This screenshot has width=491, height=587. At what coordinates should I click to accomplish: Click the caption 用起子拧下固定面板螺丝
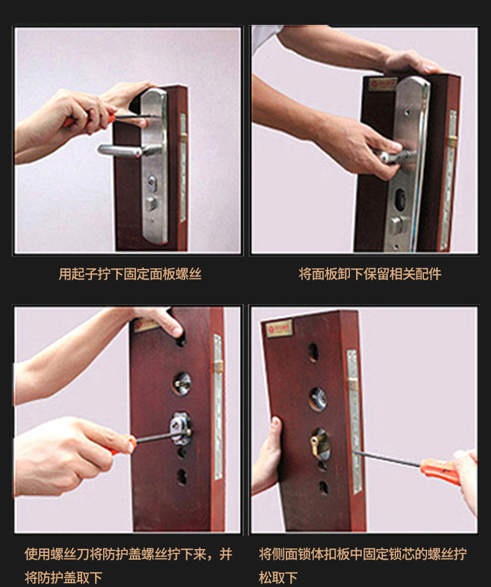tap(130, 274)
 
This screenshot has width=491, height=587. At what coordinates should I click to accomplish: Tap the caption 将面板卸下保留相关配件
tap(370, 274)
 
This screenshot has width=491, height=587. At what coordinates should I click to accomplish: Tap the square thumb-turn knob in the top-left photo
tap(151, 204)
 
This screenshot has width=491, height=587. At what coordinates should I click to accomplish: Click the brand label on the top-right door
tap(382, 84)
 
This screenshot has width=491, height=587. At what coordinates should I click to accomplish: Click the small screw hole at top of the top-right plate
tap(406, 112)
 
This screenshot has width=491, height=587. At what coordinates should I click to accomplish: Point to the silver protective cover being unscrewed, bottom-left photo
tap(180, 429)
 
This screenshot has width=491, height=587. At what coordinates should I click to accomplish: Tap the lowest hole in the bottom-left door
tap(181, 476)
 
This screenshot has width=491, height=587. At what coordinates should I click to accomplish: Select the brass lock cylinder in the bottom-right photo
tap(319, 444)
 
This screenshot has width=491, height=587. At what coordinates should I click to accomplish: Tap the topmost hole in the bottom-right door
tap(313, 353)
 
